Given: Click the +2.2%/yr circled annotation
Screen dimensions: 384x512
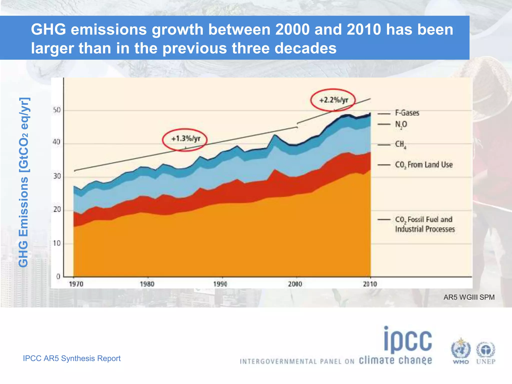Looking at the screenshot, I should (x=333, y=100).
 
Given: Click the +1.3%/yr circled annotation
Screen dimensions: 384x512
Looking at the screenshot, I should (x=185, y=138).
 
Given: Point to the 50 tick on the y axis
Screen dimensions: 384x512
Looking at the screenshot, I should (x=57, y=110).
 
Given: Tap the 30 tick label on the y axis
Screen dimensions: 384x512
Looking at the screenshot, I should (x=57, y=176).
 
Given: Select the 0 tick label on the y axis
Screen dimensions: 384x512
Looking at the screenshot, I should (x=58, y=276).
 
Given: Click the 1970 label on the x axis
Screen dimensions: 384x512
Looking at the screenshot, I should (x=76, y=284).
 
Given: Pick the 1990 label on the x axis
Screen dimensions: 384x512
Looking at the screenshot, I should (x=220, y=284).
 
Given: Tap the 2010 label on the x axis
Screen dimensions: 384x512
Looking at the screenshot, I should (x=369, y=284).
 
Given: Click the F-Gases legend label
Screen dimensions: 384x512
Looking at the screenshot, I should (x=407, y=113).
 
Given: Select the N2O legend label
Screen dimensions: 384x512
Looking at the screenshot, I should (x=401, y=124).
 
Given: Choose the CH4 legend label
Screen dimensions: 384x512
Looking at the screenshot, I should (x=400, y=144).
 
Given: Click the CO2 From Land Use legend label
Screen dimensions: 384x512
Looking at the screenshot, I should (x=423, y=165).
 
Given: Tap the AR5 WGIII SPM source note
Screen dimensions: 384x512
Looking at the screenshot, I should (x=469, y=297).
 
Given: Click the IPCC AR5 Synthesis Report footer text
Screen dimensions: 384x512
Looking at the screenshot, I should (x=72, y=358).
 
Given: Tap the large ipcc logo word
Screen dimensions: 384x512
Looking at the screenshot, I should (x=408, y=340).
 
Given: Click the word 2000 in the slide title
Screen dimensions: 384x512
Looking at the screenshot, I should (x=292, y=29).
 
